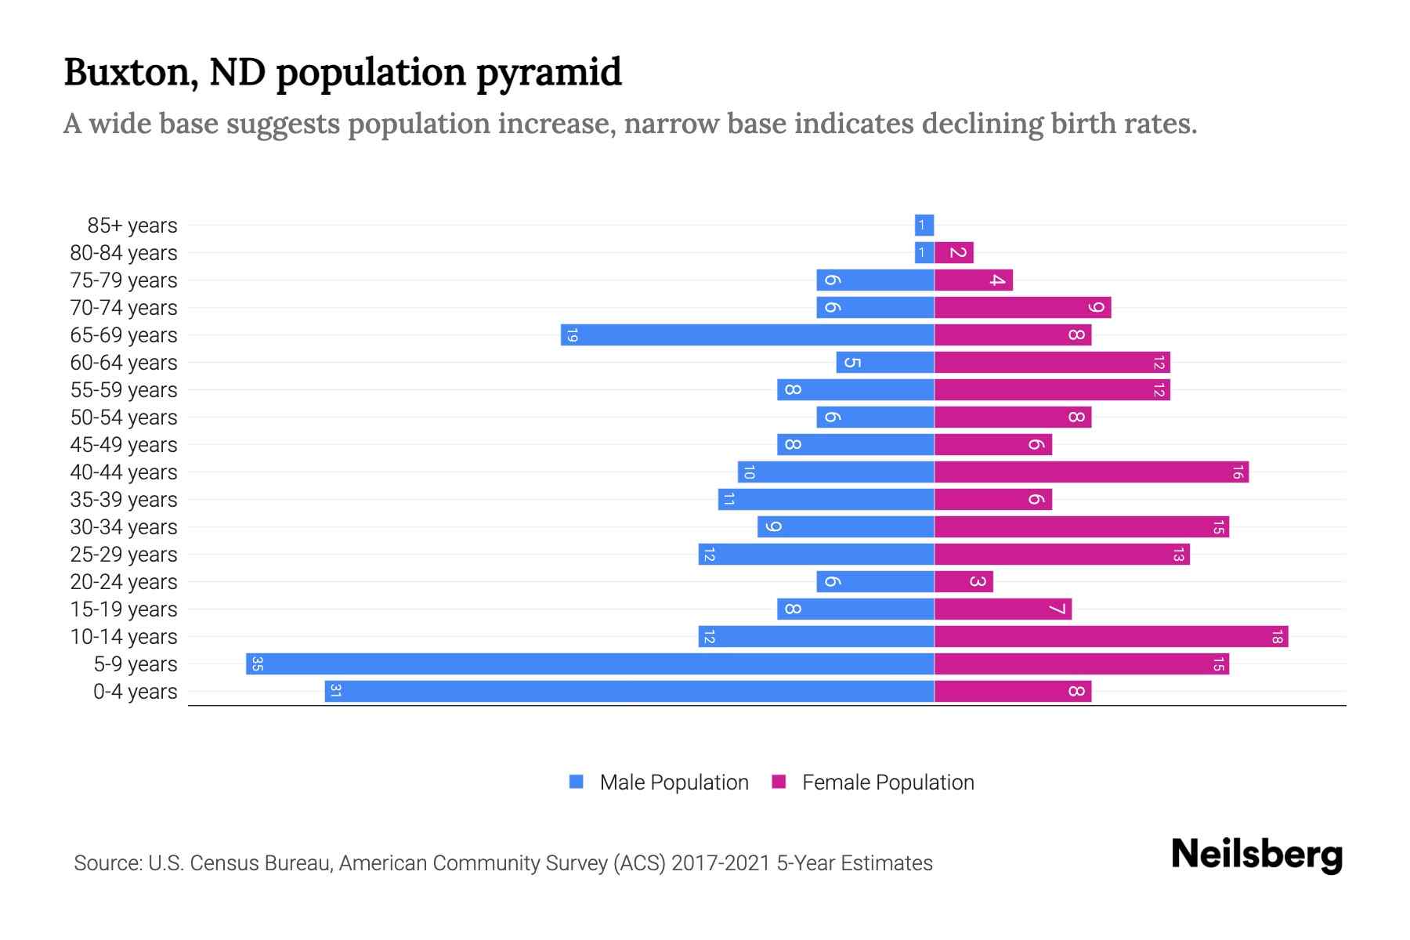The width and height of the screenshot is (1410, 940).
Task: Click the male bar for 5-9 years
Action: point(590,664)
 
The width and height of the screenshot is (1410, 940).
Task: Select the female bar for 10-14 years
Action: point(1111,637)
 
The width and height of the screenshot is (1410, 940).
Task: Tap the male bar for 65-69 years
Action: point(747,335)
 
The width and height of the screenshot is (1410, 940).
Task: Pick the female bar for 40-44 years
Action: point(1091,472)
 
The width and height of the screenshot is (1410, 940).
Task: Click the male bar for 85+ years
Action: point(924,226)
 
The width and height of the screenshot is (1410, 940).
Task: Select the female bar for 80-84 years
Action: point(954,253)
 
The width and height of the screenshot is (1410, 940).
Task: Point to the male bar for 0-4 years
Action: point(629,692)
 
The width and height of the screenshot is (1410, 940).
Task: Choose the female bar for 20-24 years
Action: point(963,582)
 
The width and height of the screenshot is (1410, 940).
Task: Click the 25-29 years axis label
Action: point(124,555)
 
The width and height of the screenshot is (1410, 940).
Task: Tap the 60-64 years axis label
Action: point(124,363)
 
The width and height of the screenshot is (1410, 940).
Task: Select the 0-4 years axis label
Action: point(135,692)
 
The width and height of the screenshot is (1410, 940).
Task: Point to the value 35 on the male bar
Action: point(257,664)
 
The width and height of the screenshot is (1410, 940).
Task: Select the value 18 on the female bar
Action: point(1277,637)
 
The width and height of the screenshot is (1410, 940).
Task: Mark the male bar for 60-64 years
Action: point(885,363)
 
